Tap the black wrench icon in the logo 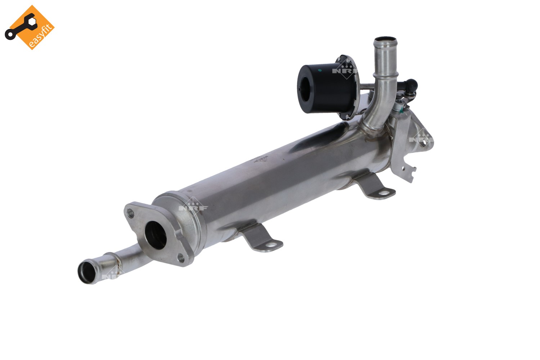(21, 27)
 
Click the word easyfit (40, 36)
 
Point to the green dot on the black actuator (320, 71)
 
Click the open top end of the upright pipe (385, 40)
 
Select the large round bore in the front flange (156, 235)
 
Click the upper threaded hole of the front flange (130, 213)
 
